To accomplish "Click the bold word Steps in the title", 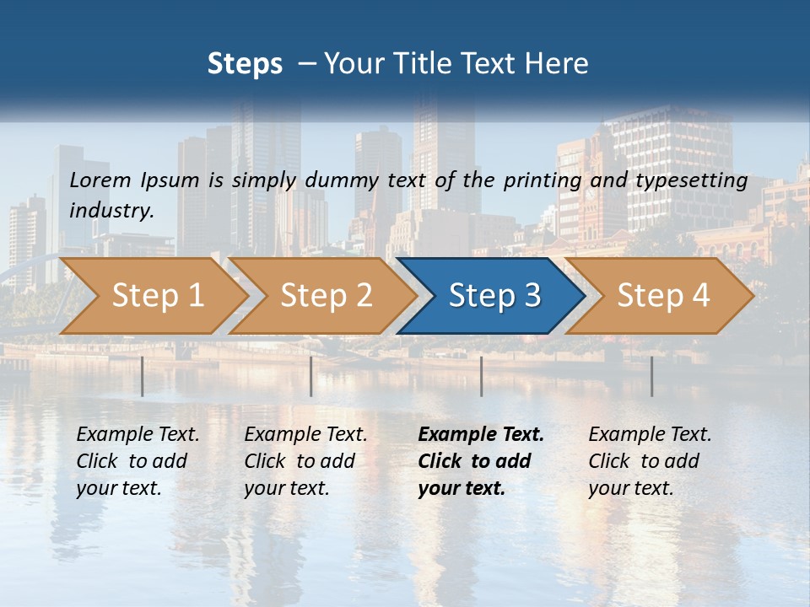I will click(245, 64).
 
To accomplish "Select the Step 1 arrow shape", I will click(157, 296).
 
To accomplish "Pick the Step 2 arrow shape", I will click(326, 296).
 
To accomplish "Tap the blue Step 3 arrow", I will click(494, 296).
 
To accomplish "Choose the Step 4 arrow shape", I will click(662, 296).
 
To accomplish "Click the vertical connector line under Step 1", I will click(143, 376).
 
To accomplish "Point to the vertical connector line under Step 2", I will click(311, 376).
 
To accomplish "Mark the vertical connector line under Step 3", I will click(482, 376).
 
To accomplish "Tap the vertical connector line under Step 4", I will click(652, 376).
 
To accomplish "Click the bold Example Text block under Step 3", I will click(481, 461).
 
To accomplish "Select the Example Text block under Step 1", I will click(138, 461).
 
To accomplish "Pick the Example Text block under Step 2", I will click(305, 461).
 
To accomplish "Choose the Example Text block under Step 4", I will click(650, 461).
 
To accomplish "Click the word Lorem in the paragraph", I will click(100, 180).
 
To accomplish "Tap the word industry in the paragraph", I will click(111, 211).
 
